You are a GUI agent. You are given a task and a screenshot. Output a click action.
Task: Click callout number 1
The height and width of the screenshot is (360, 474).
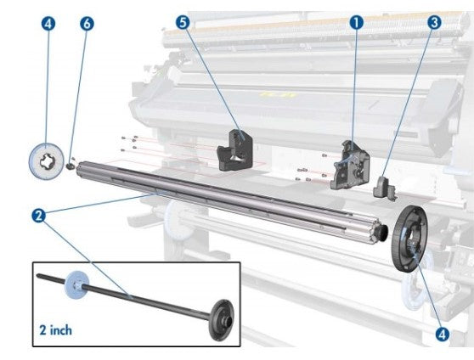[355, 22]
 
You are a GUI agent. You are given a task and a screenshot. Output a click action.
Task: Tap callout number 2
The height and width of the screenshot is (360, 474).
[38, 216]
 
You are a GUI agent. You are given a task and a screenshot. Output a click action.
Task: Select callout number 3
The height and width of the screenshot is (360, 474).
[434, 23]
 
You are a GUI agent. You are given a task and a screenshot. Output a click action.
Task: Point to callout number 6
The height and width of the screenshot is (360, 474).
[86, 24]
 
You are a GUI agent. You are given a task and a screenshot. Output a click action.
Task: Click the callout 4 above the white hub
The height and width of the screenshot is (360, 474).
[47, 24]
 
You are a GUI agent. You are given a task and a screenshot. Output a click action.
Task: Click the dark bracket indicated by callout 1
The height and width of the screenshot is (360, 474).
[351, 160]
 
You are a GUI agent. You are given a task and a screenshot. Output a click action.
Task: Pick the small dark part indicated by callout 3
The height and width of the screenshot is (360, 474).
[384, 185]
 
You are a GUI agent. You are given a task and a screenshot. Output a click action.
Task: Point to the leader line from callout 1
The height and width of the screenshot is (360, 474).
[353, 85]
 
